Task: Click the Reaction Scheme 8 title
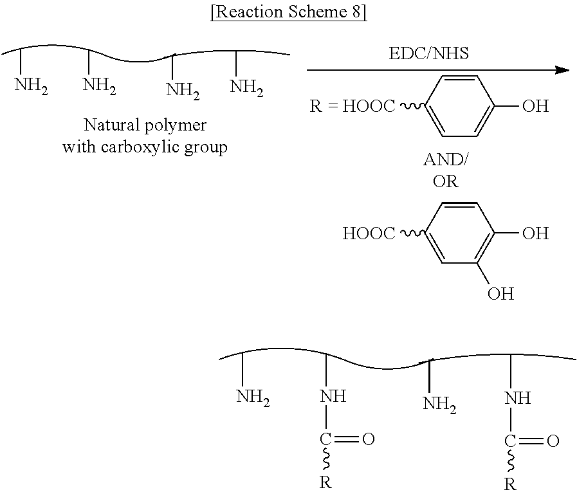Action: click(288, 14)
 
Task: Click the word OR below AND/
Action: click(445, 181)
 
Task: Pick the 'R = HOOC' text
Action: click(353, 106)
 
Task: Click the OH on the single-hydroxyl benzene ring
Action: click(535, 106)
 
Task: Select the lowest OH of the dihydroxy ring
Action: click(500, 295)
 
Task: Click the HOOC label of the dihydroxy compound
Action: click(369, 233)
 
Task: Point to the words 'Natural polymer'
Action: click(144, 124)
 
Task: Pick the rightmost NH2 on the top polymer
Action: click(246, 87)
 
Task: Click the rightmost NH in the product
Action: click(517, 398)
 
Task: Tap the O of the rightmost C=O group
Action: click(552, 441)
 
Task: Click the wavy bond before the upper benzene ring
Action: click(412, 106)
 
